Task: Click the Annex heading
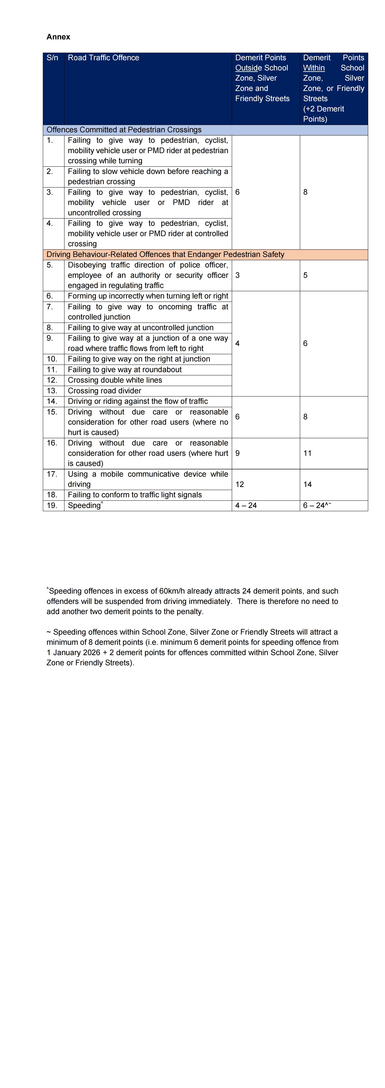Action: (x=58, y=37)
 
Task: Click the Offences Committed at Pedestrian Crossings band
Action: (x=124, y=130)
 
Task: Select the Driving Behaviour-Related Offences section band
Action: (x=165, y=254)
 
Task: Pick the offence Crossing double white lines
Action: (x=115, y=380)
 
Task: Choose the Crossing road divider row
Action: (x=104, y=391)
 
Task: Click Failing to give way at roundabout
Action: (x=125, y=370)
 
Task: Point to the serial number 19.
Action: (x=52, y=506)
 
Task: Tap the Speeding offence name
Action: (x=84, y=506)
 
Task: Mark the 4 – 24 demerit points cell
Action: (x=246, y=506)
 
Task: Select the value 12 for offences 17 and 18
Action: (x=240, y=484)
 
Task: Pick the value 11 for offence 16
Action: (x=307, y=453)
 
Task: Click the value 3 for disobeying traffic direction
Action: (x=237, y=275)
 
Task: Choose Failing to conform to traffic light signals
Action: (x=135, y=495)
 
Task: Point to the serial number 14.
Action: (x=52, y=401)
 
